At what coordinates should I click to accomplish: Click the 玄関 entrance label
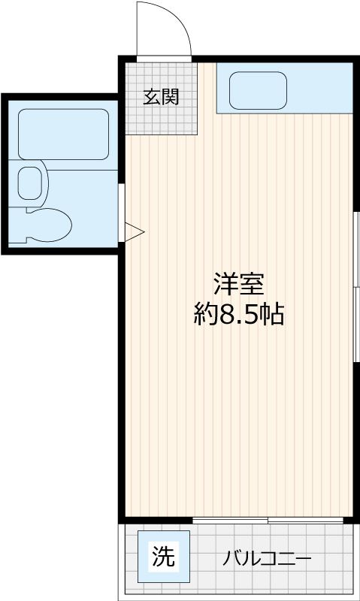pos(162,97)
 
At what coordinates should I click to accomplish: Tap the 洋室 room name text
pos(238,285)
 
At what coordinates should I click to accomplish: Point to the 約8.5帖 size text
pos(238,315)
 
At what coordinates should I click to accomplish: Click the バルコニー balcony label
pos(267,560)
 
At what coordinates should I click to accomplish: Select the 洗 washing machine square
pos(164,557)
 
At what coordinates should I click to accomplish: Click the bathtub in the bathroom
pos(63,133)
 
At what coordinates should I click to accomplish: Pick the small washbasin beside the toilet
pos(30,182)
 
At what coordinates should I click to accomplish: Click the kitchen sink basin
pos(258,91)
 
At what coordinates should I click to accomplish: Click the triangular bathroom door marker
pos(132,231)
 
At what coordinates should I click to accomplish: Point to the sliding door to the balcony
pos(268,520)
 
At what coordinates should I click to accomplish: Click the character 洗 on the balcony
pos(164,557)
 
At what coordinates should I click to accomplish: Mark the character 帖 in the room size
pos(271,315)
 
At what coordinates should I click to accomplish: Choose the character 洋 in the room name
pos(225,285)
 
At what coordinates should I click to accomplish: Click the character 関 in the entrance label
pos(171,97)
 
